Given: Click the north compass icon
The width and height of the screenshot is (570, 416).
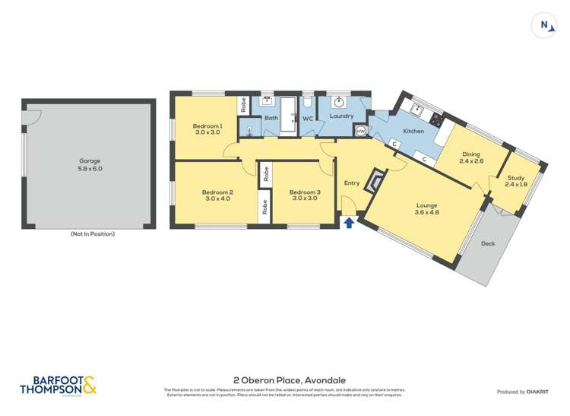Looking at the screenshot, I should click(544, 24).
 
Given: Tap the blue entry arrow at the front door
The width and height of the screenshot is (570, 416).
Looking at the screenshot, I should click(349, 222).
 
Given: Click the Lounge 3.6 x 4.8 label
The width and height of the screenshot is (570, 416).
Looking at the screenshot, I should click(426, 209).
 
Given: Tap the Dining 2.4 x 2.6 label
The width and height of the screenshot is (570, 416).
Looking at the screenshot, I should click(471, 157).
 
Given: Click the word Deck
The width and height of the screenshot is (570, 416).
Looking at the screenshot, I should click(489, 244).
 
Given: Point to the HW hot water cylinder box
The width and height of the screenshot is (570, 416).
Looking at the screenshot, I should click(360, 130).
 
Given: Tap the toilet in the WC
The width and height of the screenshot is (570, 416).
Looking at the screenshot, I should click(308, 101).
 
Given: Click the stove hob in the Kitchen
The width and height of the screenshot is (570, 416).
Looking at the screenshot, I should click(436, 119).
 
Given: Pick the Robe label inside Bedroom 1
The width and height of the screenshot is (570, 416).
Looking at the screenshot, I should click(243, 106).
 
